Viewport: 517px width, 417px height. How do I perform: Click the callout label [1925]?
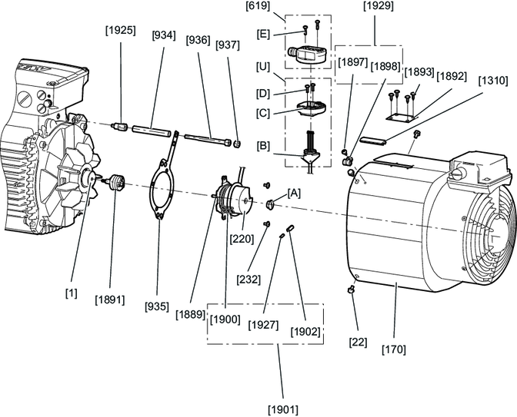pyautogui.click(x=120, y=31)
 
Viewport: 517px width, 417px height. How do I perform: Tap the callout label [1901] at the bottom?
pyautogui.click(x=283, y=410)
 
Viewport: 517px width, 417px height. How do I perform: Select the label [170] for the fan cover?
pyautogui.click(x=394, y=349)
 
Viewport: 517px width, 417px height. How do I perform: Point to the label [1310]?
pyautogui.click(x=493, y=81)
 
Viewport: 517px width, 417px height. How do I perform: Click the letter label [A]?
pyautogui.click(x=294, y=194)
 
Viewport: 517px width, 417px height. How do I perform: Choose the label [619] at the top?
pyautogui.click(x=258, y=5)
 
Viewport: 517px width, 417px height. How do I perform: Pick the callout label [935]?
pyautogui.click(x=157, y=306)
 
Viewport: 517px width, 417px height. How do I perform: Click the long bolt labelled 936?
pyautogui.click(x=207, y=140)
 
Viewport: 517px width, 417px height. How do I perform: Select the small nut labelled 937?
pyautogui.click(x=237, y=144)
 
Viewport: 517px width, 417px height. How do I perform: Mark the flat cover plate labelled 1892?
pyautogui.click(x=400, y=117)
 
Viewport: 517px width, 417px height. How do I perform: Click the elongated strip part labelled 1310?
pyautogui.click(x=373, y=141)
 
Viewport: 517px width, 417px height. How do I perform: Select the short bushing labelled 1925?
pyautogui.click(x=120, y=127)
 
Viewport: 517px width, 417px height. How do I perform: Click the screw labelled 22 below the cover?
pyautogui.click(x=351, y=290)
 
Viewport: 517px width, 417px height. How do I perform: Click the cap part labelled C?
pyautogui.click(x=311, y=108)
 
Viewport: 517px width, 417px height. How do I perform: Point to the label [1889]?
pyautogui.click(x=191, y=314)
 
